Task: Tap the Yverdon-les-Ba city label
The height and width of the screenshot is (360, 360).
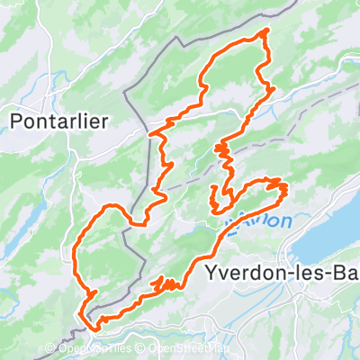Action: coord(281,272)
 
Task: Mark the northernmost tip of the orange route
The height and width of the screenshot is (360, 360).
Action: coord(265,31)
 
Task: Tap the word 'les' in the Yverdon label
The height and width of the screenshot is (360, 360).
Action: coord(303,272)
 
